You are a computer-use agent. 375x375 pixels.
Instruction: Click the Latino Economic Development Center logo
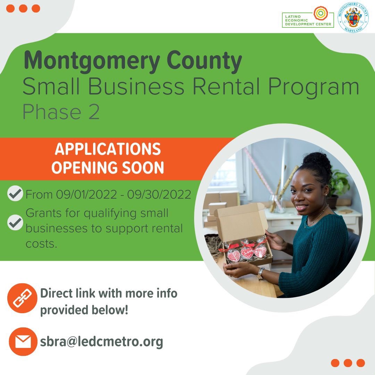click(x=308, y=17)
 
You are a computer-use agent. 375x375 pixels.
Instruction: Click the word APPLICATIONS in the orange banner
click(x=108, y=149)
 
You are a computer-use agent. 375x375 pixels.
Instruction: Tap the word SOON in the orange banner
click(x=144, y=168)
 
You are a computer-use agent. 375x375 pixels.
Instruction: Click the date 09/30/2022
click(x=159, y=194)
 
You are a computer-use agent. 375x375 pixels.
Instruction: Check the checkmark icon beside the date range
click(x=15, y=194)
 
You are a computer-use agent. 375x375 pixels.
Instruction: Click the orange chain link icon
click(x=22, y=298)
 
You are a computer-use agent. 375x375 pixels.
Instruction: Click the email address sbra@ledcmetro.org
click(x=101, y=342)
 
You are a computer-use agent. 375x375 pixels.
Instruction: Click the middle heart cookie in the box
click(x=247, y=252)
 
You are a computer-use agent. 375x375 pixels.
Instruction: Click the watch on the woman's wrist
click(x=260, y=273)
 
